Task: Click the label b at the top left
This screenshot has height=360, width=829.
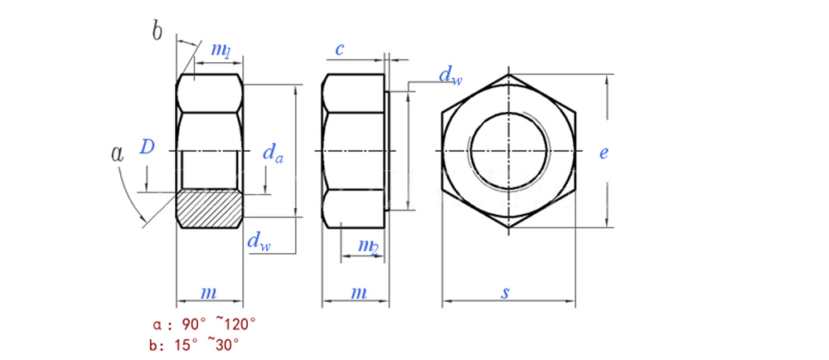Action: click(157, 32)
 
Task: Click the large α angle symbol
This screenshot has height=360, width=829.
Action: click(117, 153)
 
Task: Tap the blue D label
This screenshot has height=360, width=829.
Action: click(147, 147)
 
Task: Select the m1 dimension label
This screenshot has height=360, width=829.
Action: click(221, 51)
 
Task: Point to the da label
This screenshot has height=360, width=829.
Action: click(272, 153)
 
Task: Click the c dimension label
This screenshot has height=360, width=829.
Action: click(340, 50)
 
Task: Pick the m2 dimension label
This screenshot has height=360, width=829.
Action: click(368, 246)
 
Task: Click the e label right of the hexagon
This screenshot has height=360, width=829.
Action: click(604, 153)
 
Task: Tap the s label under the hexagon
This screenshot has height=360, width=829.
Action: click(506, 292)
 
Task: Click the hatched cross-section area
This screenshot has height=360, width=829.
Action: click(210, 209)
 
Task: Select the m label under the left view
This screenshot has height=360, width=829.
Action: click(209, 293)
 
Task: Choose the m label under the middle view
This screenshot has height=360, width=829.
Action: click(359, 293)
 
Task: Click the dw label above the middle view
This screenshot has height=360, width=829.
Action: click(450, 75)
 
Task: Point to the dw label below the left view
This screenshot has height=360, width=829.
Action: click(259, 241)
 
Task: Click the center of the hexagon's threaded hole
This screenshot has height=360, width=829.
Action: click(508, 151)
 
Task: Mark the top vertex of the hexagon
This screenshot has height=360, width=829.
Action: click(509, 74)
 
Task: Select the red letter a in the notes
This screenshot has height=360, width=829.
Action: click(156, 324)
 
